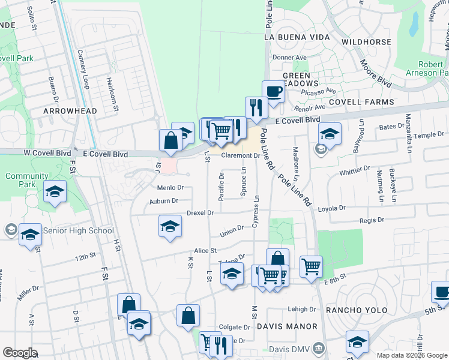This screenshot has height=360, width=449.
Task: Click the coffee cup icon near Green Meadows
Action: [273, 92]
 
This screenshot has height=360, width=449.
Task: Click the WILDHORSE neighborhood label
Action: [366, 42]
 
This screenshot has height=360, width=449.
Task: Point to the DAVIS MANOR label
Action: [286, 326]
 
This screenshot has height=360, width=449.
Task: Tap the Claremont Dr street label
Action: [240, 155]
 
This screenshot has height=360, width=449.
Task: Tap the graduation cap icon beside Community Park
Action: [55, 192]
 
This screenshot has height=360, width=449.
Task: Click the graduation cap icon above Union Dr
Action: [170, 227]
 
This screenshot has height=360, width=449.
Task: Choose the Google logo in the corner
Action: [20, 353]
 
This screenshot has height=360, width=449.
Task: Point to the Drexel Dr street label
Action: [200, 213]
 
